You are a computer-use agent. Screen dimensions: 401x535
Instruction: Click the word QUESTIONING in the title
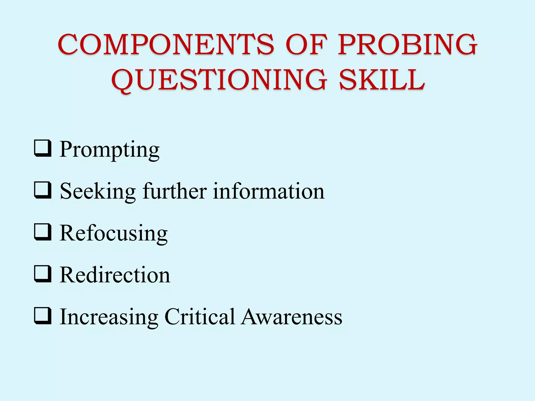[x=219, y=80]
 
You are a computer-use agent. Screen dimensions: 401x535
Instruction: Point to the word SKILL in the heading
[x=382, y=80]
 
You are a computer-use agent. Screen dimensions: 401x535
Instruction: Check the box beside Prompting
[x=42, y=148]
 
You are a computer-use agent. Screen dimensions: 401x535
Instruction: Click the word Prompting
[x=109, y=150]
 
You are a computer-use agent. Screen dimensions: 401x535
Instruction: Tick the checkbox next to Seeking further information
[x=42, y=190]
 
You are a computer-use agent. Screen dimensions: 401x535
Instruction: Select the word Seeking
[x=98, y=192]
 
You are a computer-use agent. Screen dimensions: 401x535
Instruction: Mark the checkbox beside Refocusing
[x=42, y=232]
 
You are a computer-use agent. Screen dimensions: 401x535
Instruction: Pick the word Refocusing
[x=114, y=233]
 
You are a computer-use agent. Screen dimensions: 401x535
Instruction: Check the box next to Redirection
[x=42, y=274]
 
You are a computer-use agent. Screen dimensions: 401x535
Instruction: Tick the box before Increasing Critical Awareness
[x=42, y=316]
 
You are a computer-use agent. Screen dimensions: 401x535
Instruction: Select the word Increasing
[x=109, y=317]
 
